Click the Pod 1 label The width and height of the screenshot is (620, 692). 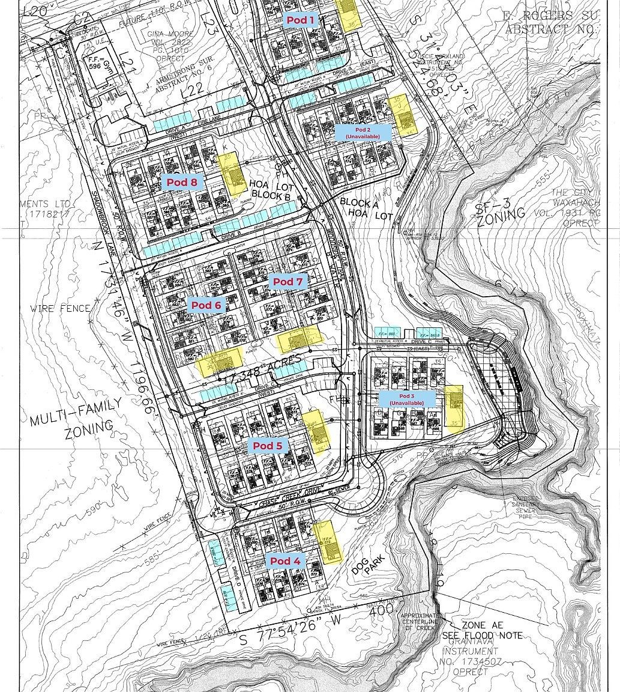(x=300, y=20)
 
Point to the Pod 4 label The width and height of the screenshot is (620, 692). (x=284, y=561)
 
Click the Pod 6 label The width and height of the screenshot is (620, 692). (x=206, y=305)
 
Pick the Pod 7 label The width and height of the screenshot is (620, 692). (x=287, y=281)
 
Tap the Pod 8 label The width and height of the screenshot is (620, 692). (x=182, y=182)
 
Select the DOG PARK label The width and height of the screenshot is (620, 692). (x=367, y=561)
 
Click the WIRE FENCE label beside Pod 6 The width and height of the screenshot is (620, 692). (x=61, y=309)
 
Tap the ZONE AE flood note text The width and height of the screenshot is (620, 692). (x=482, y=630)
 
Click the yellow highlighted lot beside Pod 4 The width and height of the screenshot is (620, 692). (x=328, y=542)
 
